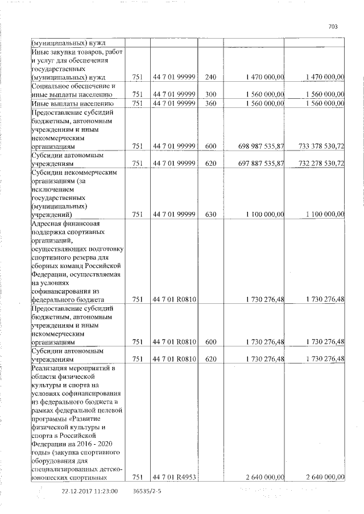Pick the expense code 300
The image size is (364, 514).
tap(210, 94)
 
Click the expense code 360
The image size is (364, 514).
tap(210, 103)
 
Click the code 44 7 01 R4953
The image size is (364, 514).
tap(174, 477)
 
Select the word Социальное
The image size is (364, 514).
tap(51, 86)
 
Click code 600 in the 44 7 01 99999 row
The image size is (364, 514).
tap(210, 146)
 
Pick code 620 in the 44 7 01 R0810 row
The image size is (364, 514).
tap(210, 359)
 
